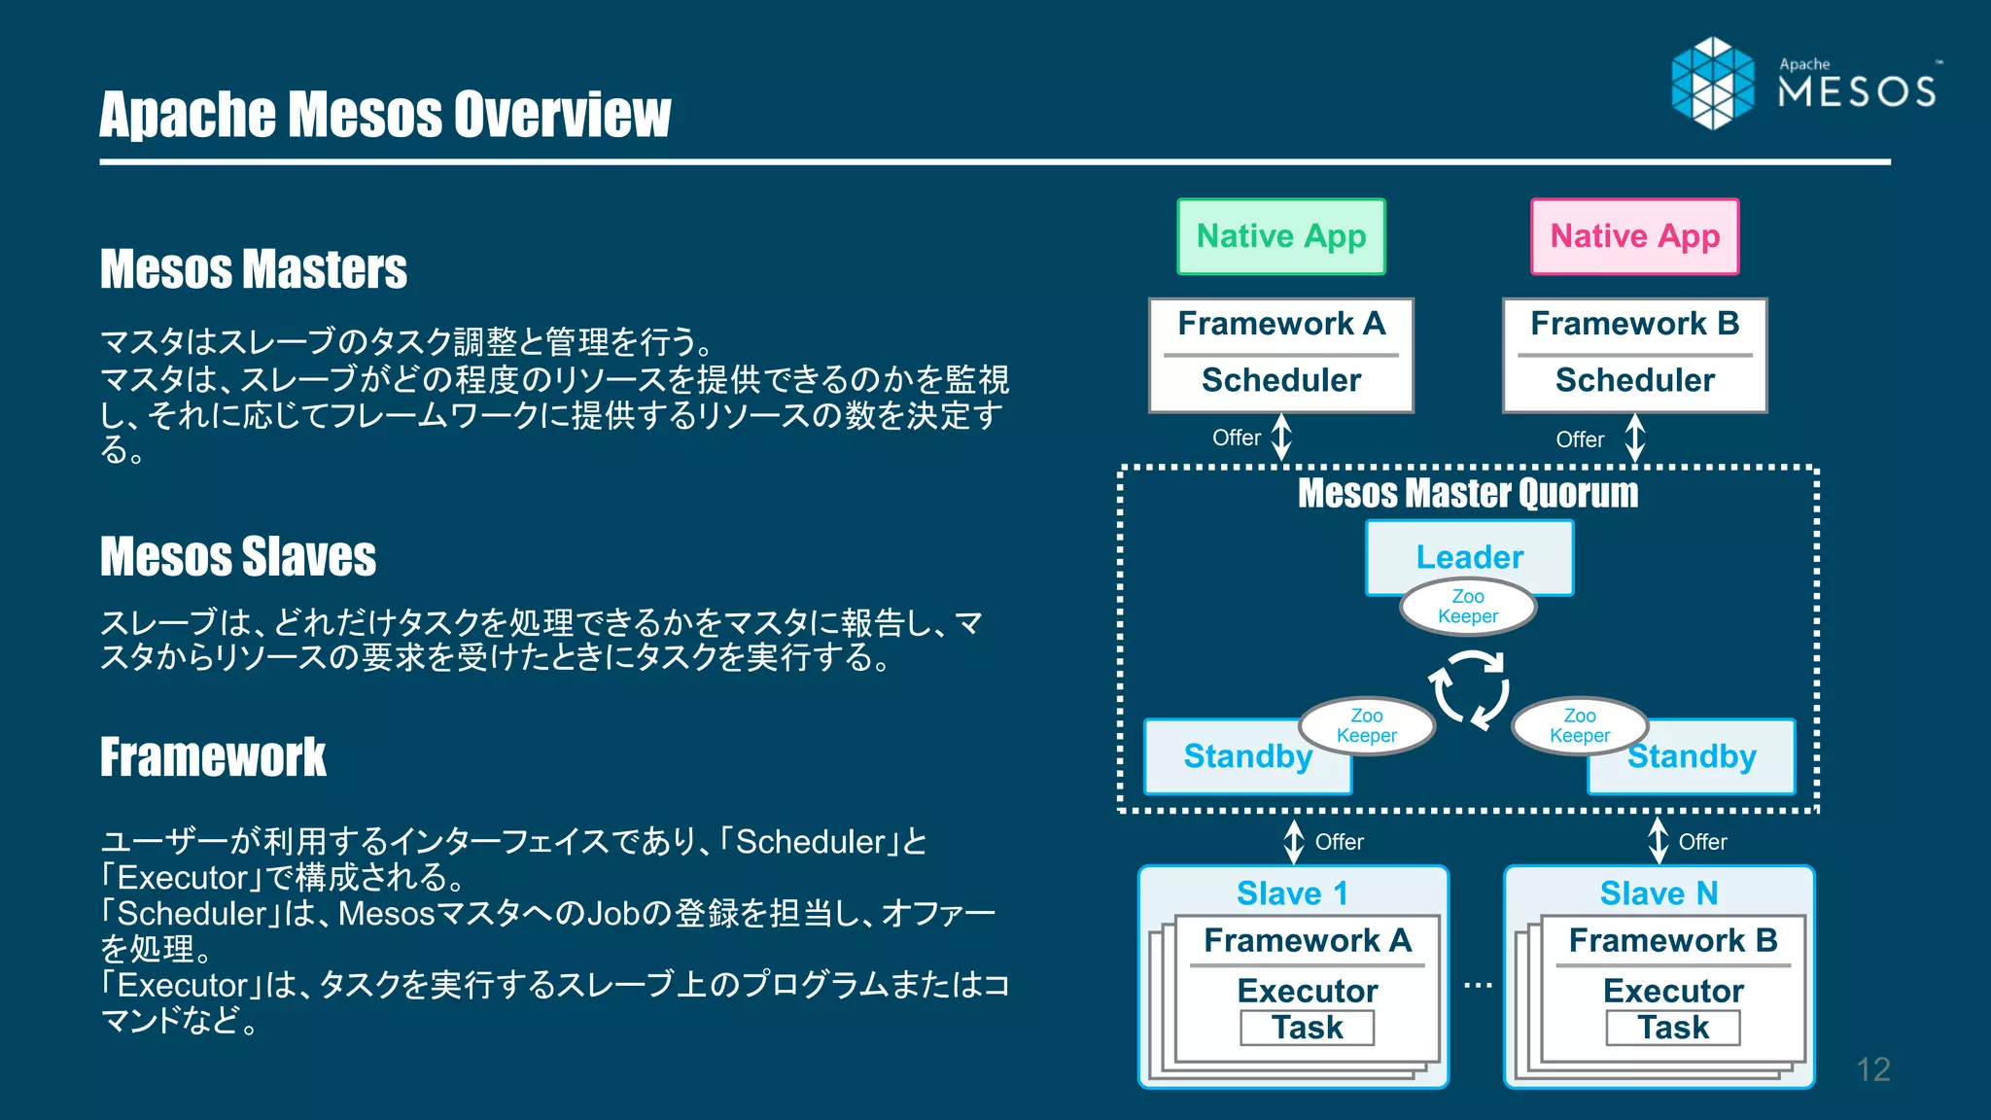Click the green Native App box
(1280, 236)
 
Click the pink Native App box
(1634, 236)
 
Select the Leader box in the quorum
(1469, 556)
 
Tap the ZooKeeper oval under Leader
(1468, 607)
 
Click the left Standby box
(1235, 756)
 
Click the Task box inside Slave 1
(1307, 1028)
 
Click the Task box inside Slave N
(1672, 1028)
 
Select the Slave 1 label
(1292, 892)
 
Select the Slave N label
(1659, 892)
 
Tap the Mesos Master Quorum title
(1468, 493)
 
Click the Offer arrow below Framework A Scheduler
(1282, 437)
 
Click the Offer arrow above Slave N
(1659, 840)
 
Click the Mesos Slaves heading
(238, 557)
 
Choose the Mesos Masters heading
(253, 269)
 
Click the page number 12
(1872, 1069)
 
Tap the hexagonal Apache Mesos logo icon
(1713, 83)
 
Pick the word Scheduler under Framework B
(1634, 380)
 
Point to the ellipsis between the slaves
(1477, 985)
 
